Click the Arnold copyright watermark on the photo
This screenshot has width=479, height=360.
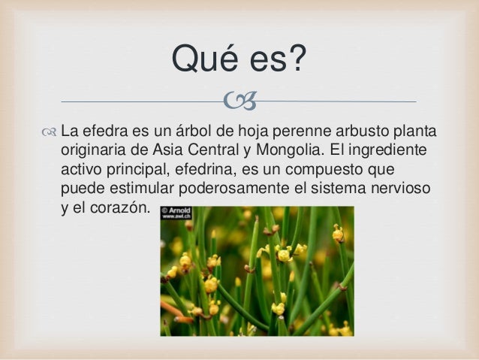pos(177,213)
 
